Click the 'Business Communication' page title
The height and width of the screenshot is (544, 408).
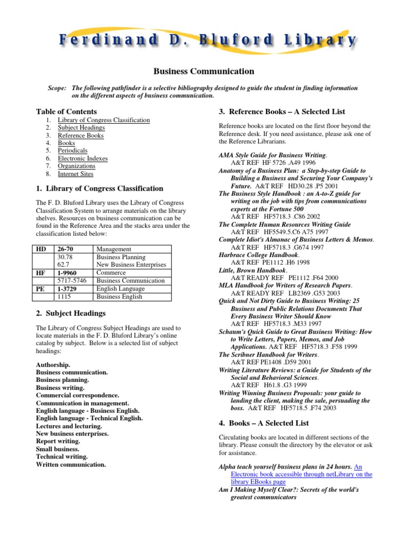pyautogui.click(x=204, y=71)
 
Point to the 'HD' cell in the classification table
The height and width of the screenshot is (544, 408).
pyautogui.click(x=41, y=249)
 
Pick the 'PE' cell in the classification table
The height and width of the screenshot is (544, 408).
pyautogui.click(x=40, y=288)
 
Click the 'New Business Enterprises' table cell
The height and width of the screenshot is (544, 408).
pyautogui.click(x=131, y=265)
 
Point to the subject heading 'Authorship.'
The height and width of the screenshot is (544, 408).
pyautogui.click(x=53, y=365)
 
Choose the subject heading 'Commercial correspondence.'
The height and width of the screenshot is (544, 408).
pyautogui.click(x=78, y=395)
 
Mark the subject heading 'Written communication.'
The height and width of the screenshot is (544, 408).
pyautogui.click(x=71, y=464)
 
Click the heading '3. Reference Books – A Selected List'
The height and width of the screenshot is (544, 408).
pyautogui.click(x=282, y=112)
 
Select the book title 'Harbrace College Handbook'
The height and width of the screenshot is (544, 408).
pyautogui.click(x=252, y=255)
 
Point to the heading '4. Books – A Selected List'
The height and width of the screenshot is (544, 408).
pyautogui.click(x=264, y=423)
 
